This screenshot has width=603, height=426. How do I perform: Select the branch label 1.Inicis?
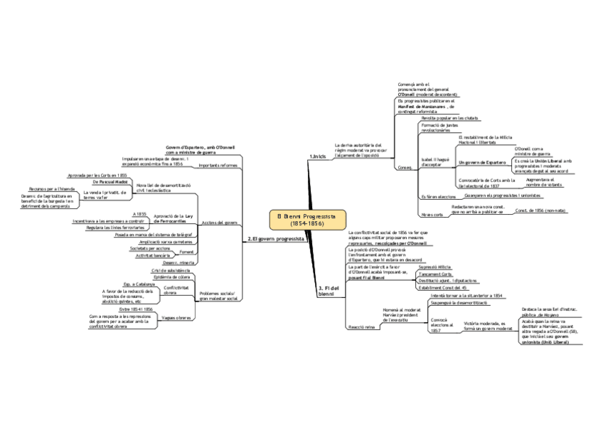point(318,156)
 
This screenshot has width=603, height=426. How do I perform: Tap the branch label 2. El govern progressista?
point(276,239)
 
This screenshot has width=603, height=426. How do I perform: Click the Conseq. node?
point(405,168)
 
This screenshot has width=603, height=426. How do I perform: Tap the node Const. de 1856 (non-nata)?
point(540,211)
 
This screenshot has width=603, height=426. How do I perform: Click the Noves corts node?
point(432,214)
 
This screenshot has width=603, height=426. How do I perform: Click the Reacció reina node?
point(360,326)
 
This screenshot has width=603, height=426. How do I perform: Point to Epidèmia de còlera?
point(172,277)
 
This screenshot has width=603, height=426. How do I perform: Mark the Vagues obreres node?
point(177,318)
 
